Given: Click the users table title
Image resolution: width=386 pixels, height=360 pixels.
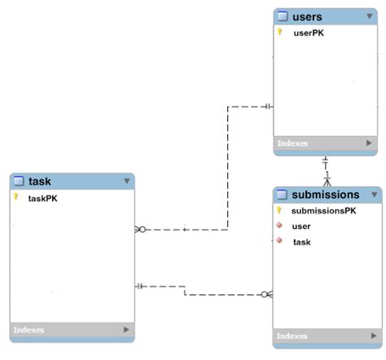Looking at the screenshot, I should (x=307, y=16).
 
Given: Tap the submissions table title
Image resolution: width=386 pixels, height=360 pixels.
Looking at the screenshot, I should (x=325, y=195).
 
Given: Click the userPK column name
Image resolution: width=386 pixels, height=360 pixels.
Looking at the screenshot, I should (x=309, y=33).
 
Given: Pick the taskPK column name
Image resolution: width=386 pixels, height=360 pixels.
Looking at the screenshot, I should (x=43, y=198).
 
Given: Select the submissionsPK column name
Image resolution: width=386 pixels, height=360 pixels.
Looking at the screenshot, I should (x=323, y=211).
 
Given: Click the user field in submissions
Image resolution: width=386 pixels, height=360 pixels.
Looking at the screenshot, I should (x=300, y=226).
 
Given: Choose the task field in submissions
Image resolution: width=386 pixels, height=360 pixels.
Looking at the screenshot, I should (x=301, y=242).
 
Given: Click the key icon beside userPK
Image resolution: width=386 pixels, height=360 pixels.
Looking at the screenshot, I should (x=279, y=33).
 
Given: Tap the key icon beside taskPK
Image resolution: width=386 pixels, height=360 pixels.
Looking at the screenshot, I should (x=15, y=197).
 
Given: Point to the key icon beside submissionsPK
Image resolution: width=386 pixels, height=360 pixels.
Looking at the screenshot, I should (x=279, y=210).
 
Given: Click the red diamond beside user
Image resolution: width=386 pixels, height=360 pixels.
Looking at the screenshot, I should (x=279, y=226).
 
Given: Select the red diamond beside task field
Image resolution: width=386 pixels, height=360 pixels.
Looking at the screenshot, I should (x=279, y=241).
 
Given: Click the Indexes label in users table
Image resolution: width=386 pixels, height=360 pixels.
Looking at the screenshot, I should (x=292, y=143).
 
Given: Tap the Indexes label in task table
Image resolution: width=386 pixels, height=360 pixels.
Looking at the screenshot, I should (x=29, y=330).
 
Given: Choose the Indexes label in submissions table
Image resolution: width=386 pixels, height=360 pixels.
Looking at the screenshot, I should (x=292, y=336).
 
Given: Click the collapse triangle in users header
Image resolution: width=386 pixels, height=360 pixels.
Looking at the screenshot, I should (x=371, y=16).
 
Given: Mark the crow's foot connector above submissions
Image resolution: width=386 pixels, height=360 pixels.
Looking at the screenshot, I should (x=327, y=181).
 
